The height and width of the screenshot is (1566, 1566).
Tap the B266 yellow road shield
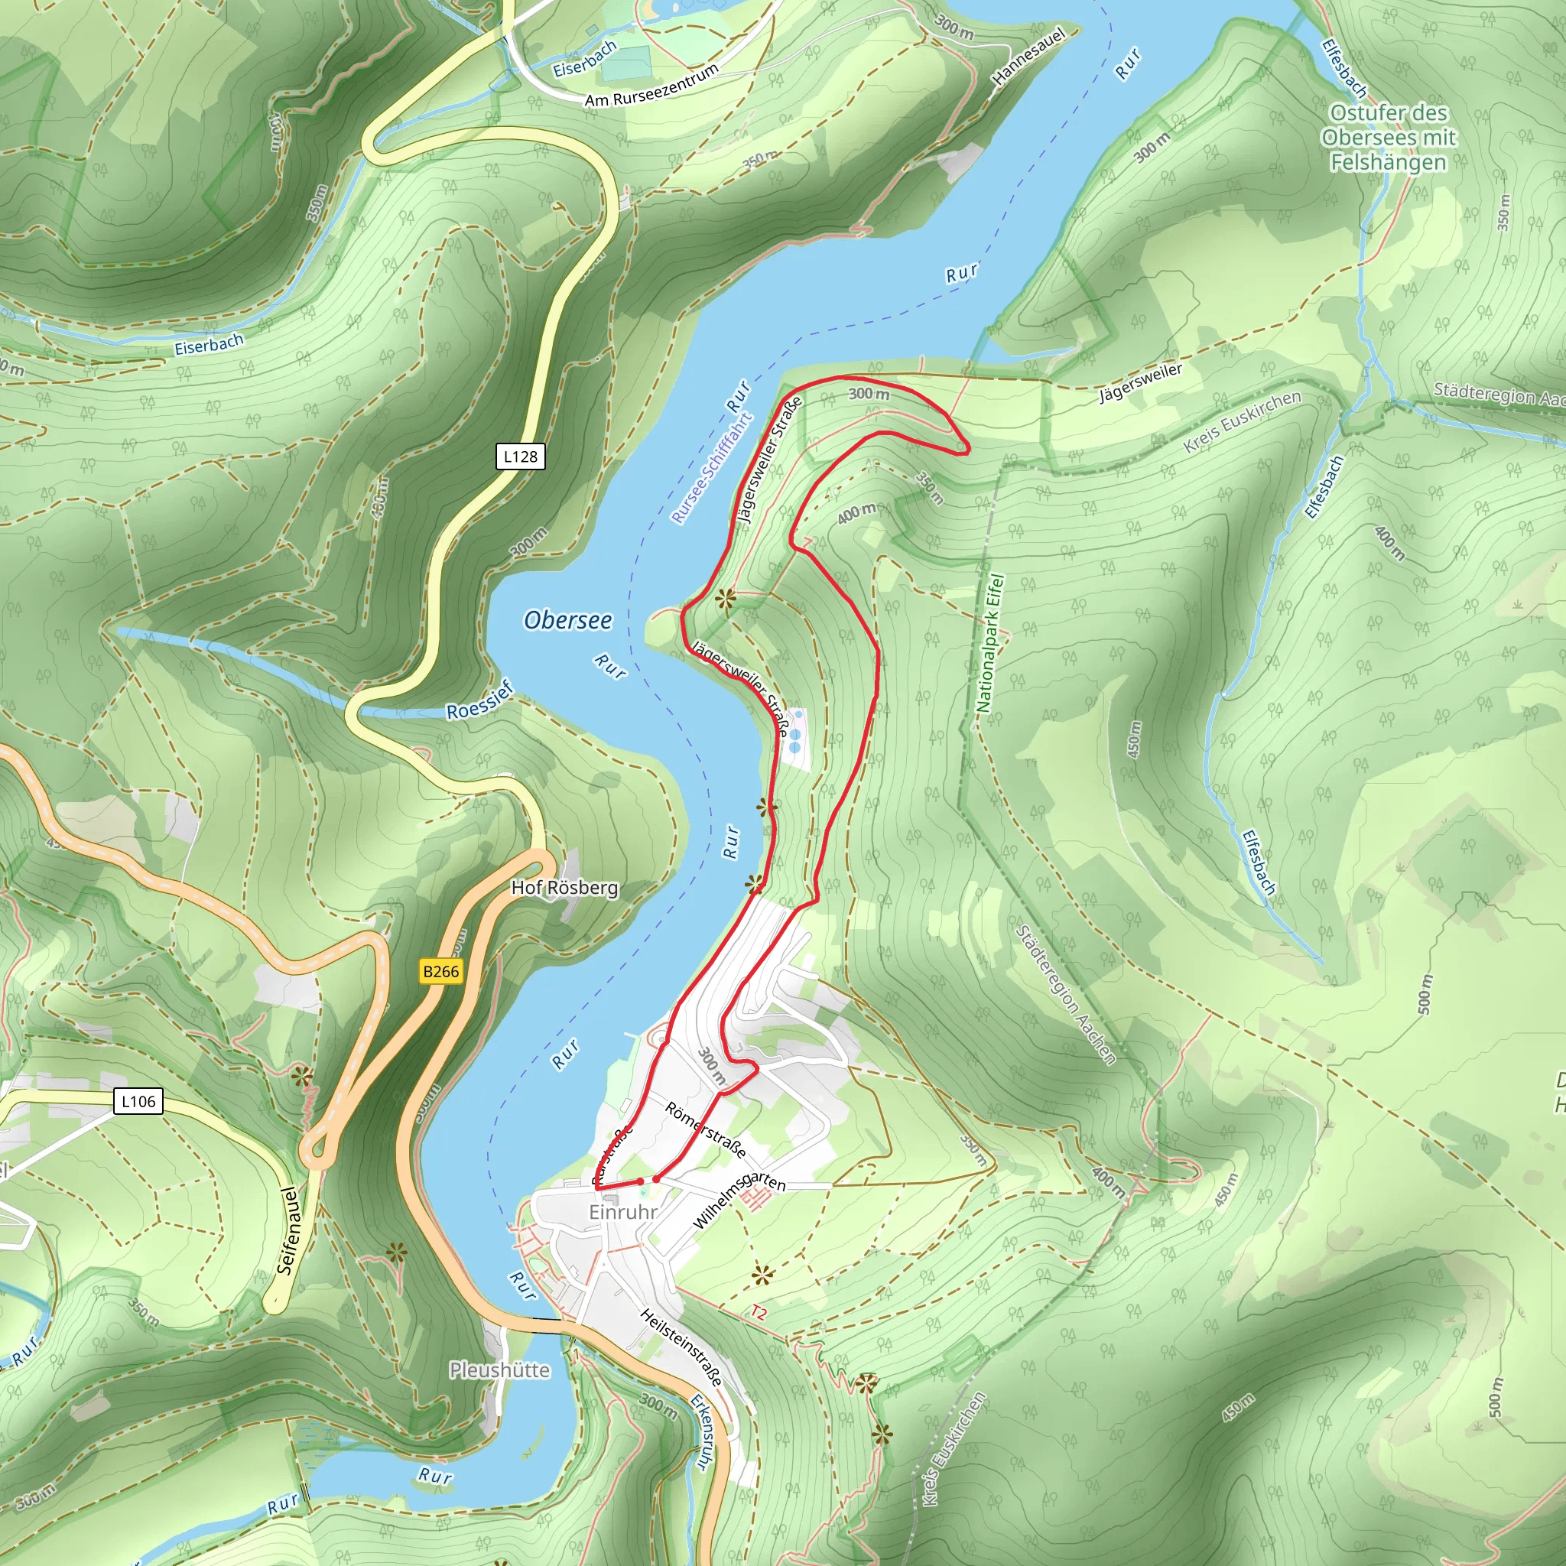(x=441, y=971)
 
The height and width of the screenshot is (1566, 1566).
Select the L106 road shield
(x=138, y=1101)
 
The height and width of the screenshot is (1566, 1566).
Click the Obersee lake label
(x=567, y=620)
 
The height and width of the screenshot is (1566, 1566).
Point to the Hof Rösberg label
(x=564, y=888)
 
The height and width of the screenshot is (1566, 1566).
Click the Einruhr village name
(x=622, y=1212)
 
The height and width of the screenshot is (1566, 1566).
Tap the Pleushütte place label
(x=499, y=1369)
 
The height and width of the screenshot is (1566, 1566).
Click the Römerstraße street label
(x=705, y=1130)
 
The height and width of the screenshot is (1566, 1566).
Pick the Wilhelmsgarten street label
(x=739, y=1199)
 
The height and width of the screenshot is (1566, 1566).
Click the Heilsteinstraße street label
(x=681, y=1347)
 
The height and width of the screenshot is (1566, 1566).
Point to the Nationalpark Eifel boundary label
(x=989, y=644)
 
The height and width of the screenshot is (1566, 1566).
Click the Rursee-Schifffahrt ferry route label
(x=712, y=469)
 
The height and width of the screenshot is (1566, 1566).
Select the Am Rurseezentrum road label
(x=651, y=86)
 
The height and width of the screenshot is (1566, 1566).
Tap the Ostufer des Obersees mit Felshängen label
(x=1389, y=137)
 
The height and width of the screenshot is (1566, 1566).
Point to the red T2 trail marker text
(x=758, y=1311)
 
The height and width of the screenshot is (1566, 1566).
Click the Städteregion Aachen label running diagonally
(x=1065, y=994)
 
